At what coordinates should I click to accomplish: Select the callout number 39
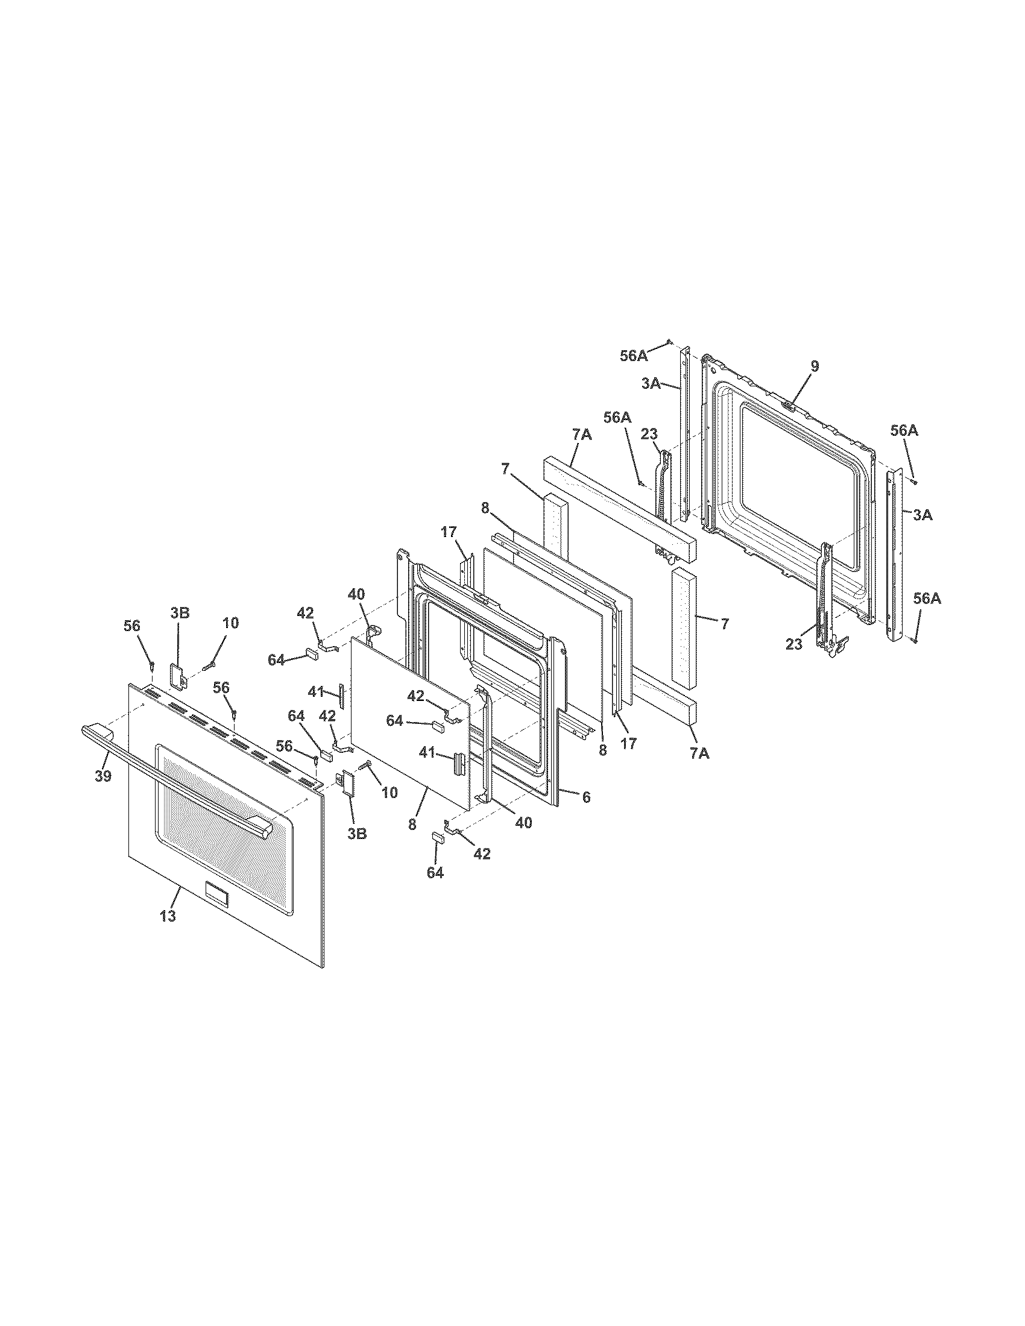point(103,776)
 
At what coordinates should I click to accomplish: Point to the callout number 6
point(586,798)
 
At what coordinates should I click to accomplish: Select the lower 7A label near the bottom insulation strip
point(699,753)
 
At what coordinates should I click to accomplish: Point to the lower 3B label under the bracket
point(357,834)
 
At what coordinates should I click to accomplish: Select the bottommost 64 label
point(435,873)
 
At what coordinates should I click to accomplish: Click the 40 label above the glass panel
point(356,594)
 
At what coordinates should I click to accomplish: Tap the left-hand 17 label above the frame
point(448,532)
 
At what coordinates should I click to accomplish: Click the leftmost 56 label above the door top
point(132,626)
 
